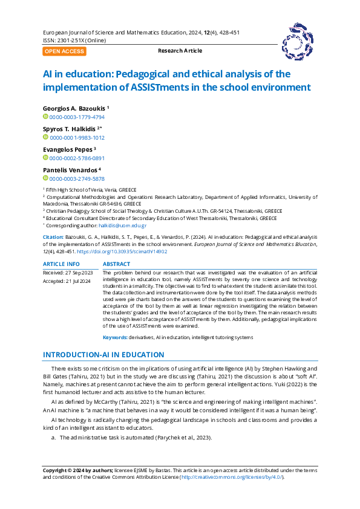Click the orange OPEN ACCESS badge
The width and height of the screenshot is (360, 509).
pyautogui.click(x=64, y=51)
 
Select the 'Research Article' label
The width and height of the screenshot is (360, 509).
pyautogui.click(x=180, y=51)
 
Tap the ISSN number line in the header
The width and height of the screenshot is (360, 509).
pyautogui.click(x=74, y=41)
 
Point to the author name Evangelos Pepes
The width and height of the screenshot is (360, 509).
pyautogui.click(x=67, y=149)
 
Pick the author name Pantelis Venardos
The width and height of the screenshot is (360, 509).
pyautogui.click(x=70, y=170)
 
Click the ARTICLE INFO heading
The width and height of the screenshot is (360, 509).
pyautogui.click(x=61, y=264)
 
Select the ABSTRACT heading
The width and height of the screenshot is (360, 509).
pyautogui.click(x=117, y=264)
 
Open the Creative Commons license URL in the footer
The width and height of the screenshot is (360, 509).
pyautogui.click(x=232, y=477)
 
